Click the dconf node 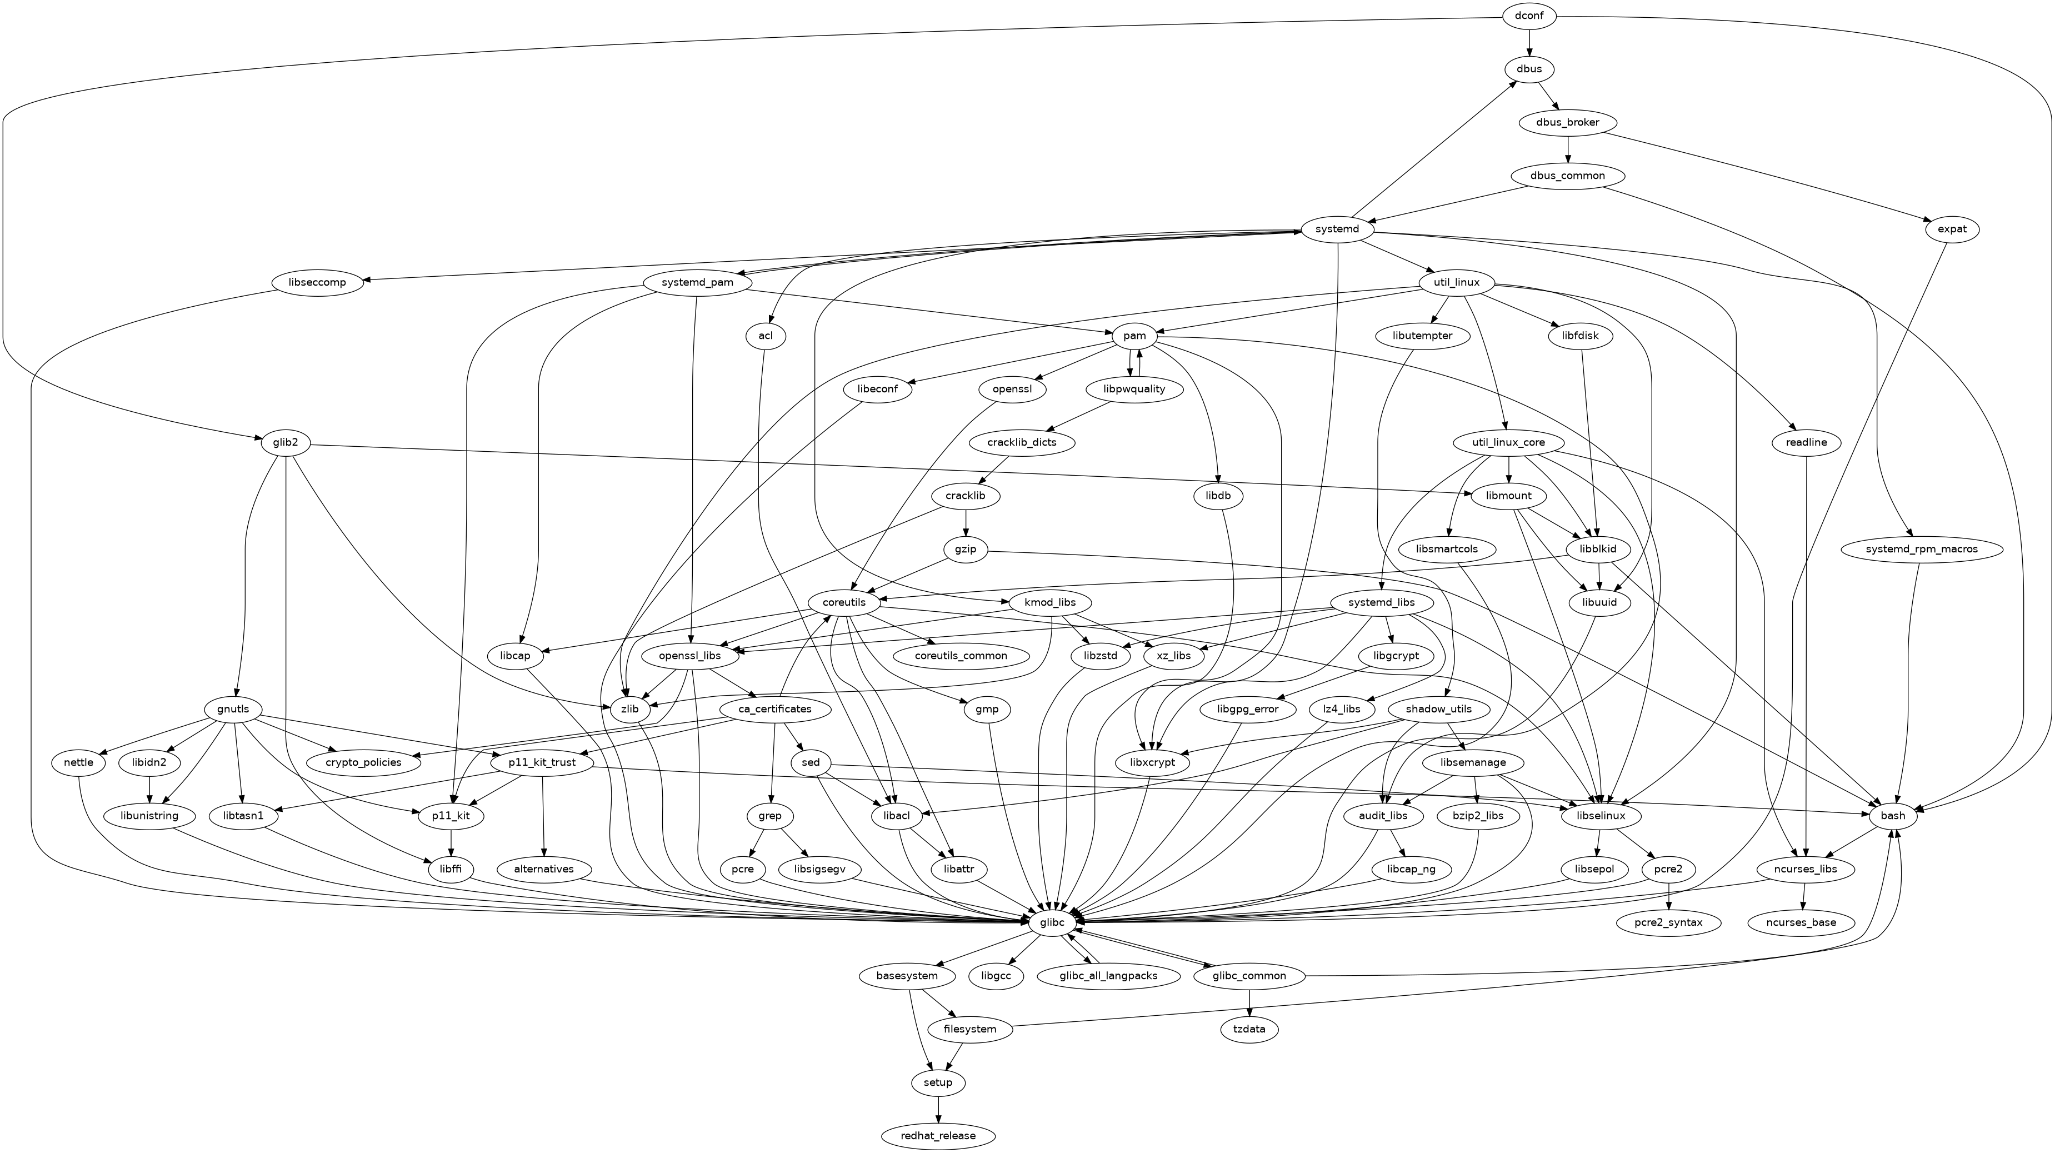click(1529, 16)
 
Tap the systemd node click(1337, 230)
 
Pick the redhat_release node click(938, 1135)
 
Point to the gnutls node click(227, 710)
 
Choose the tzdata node click(1249, 1029)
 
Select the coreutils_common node click(961, 656)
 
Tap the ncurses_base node click(1801, 922)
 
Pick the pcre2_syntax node click(1669, 922)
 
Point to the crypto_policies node click(363, 763)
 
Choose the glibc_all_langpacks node click(1109, 976)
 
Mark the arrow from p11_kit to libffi click(452, 842)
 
